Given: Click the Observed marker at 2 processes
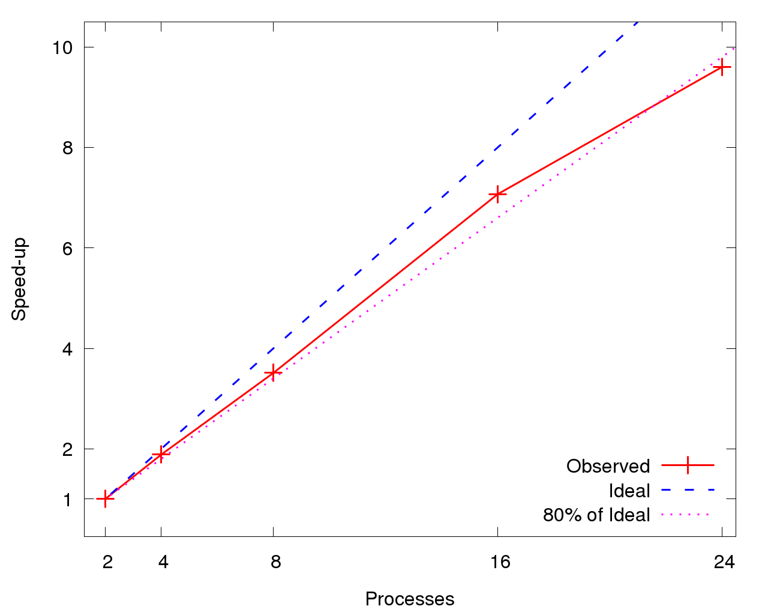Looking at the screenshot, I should pos(105,498).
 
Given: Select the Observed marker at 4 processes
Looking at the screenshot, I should pos(161,454).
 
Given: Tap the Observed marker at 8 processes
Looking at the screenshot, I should pos(273,373).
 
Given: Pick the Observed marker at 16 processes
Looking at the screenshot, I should pos(497,194).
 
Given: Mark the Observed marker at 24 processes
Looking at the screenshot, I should pos(722,67).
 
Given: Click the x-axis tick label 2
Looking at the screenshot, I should pos(107,562).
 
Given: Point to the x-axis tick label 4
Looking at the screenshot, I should pos(163,562).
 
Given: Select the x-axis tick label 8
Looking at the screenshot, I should pos(275,562).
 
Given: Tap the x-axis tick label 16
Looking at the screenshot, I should pos(500,562).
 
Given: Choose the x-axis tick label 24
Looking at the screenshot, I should pos(724,562).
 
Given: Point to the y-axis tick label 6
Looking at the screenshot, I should pos(68,248).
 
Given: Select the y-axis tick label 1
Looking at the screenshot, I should pos(68,500).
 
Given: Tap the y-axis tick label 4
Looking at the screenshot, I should pos(68,349).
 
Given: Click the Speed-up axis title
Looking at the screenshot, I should pos(20,279).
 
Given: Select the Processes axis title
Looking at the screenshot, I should pos(410,599).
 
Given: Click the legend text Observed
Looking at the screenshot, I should pos(608,467).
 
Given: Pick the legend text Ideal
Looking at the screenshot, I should pos(629,491).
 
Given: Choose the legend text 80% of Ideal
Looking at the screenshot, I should pos(596,515).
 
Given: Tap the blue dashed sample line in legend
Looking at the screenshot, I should pos(688,490).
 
